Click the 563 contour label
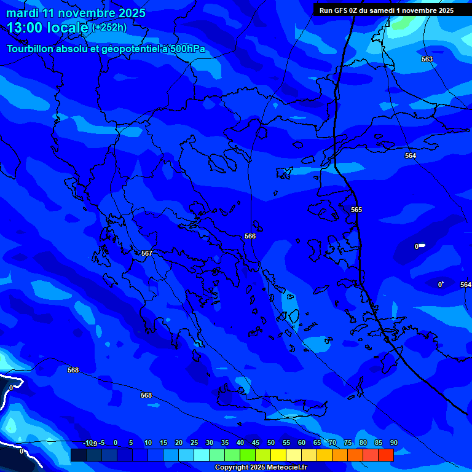pos(427,59)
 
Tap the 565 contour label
pos(356,210)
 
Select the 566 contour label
pos(250,236)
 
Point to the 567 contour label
pos(147,253)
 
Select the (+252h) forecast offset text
pos(109,27)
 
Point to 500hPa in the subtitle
pos(187,49)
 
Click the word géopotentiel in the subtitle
pos(124,49)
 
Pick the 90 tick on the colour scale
pos(393,443)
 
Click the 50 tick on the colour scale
pos(270,443)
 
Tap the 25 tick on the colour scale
pos(194,443)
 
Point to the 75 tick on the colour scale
pos(347,443)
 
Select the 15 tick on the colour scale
pos(163,443)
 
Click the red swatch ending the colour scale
pos(385,455)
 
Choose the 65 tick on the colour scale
pos(317,443)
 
